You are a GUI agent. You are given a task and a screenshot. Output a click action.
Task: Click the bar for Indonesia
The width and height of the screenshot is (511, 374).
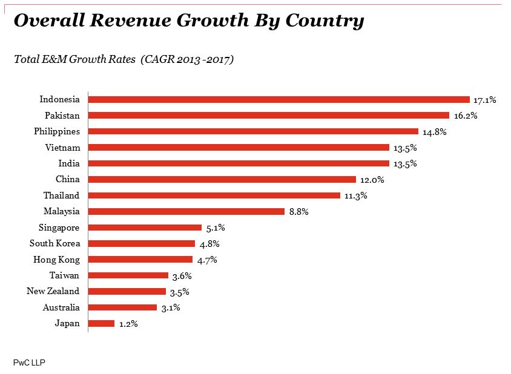279,99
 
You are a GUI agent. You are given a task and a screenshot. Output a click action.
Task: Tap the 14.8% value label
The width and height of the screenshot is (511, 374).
435,131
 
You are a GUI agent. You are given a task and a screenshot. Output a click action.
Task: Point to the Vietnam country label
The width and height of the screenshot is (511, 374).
62,147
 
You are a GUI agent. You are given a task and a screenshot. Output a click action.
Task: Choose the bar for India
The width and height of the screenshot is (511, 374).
239,163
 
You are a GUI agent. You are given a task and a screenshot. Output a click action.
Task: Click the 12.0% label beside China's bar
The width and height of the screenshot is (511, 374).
372,180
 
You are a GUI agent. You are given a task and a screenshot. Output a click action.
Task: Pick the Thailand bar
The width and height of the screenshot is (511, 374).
214,195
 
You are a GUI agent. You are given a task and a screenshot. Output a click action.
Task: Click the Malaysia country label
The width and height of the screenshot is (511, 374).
61,211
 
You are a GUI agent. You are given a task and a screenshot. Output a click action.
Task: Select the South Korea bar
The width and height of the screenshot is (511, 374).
142,243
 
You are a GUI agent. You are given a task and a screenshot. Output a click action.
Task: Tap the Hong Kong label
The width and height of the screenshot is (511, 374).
56,260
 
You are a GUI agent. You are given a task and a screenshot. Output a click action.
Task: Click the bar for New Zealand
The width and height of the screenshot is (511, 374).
127,291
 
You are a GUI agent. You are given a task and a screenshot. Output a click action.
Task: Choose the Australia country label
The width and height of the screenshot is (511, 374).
61,307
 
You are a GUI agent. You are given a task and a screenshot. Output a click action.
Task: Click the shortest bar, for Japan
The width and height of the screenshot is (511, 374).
101,323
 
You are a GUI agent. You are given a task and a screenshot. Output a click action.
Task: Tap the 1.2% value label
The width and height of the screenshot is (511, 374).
128,324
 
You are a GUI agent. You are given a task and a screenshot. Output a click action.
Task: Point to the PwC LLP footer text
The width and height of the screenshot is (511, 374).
29,362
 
